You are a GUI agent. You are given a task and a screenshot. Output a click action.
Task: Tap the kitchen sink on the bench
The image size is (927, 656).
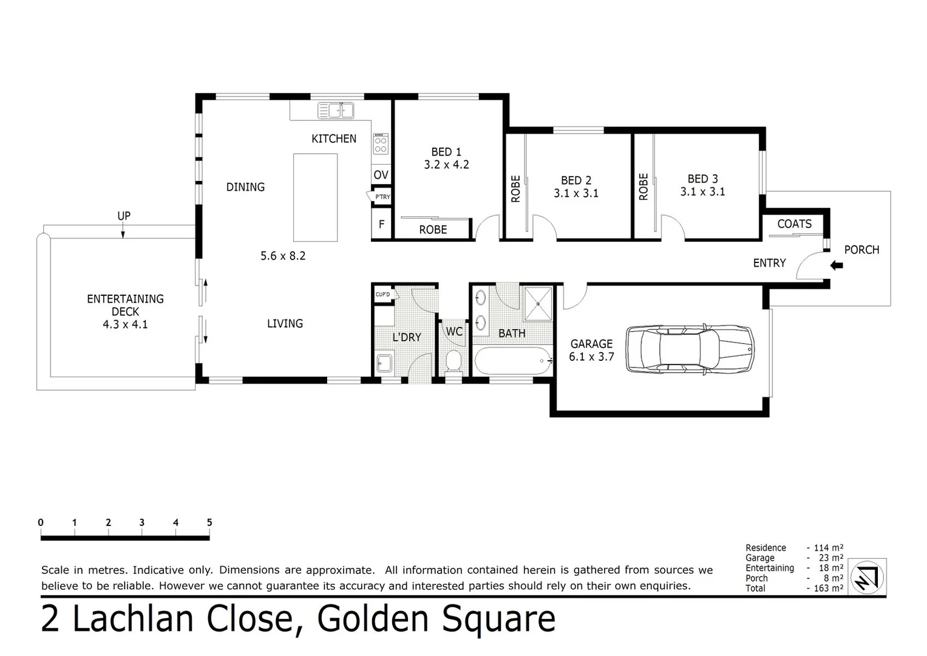pos(336,111)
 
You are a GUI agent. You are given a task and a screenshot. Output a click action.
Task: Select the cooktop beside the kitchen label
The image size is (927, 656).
pos(381,145)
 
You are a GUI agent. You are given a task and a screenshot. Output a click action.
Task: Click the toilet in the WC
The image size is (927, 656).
pos(453,362)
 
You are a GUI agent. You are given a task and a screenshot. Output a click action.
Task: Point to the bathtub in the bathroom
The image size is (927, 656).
pos(513,361)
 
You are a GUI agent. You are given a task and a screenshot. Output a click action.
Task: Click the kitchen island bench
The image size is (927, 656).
pos(316,197)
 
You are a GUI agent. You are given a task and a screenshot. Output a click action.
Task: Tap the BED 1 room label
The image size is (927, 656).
pos(446,152)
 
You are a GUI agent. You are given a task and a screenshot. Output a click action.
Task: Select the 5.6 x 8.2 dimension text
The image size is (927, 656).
pos(283,256)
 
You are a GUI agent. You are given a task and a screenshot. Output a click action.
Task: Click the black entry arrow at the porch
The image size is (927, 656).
pos(837,265)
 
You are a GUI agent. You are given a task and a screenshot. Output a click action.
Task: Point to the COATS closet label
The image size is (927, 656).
pos(794,224)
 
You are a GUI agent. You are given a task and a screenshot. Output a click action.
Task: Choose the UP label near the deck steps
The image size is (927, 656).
pos(124,216)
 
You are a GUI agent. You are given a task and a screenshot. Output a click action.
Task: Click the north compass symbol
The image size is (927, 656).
pos(868,577)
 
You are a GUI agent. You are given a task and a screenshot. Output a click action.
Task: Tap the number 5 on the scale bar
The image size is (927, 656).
pos(209,522)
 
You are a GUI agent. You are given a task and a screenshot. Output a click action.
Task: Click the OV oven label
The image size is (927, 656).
pos(381,175)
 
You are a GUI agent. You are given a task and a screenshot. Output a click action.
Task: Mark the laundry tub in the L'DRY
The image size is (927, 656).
pos(384,364)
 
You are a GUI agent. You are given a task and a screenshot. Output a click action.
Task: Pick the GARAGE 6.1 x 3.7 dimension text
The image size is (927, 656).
pos(591,357)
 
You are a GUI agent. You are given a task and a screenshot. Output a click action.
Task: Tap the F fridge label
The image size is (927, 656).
pos(381,224)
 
